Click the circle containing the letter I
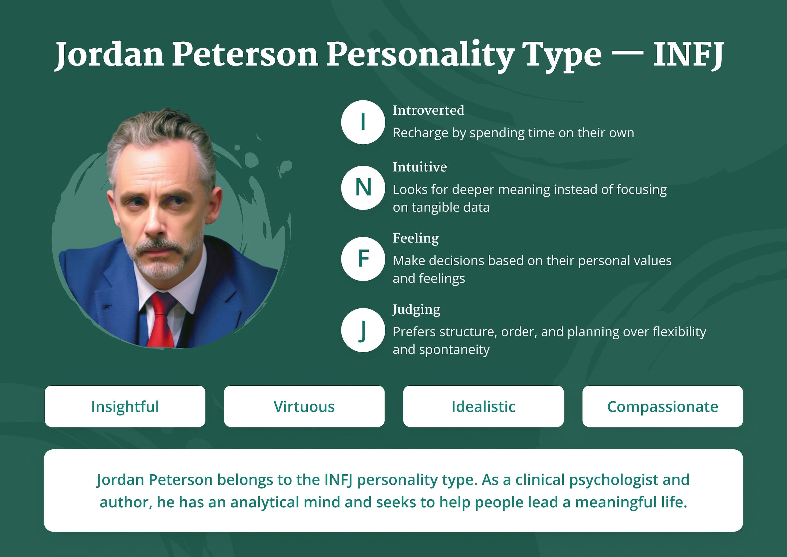pos(363,122)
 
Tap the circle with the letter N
pos(363,188)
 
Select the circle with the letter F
pos(363,259)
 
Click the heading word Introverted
pos(428,110)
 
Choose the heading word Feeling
pos(416,238)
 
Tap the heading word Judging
pos(416,309)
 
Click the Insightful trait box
pos(125,406)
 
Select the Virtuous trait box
pos(304,406)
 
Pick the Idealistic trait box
pos(483,406)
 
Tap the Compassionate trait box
pos(663,406)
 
